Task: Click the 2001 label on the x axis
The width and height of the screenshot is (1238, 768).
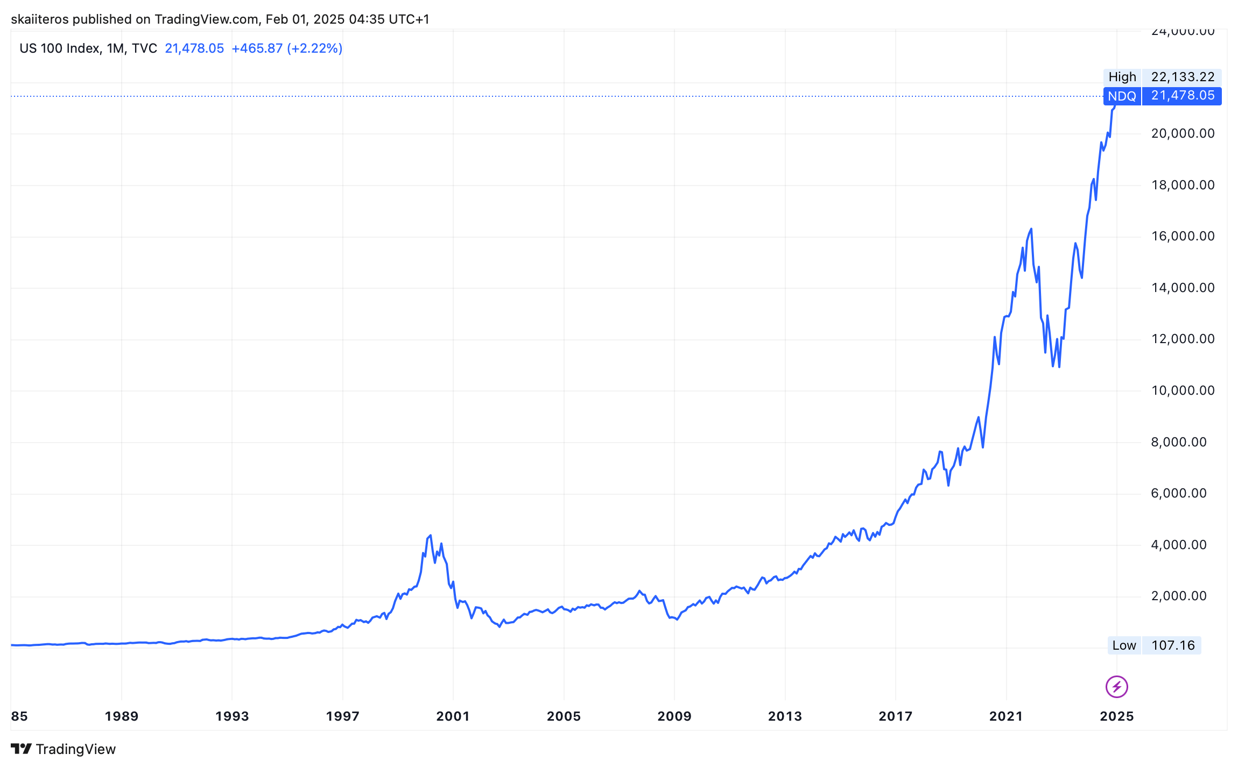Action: point(453,716)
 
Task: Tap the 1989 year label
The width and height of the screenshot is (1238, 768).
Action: point(122,716)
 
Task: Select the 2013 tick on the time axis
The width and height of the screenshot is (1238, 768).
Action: point(785,716)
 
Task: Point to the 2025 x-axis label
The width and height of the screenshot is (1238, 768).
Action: point(1116,716)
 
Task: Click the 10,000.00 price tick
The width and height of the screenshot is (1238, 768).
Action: point(1183,390)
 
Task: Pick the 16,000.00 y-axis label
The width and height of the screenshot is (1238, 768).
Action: point(1183,236)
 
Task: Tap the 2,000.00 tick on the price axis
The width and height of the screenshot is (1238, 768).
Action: point(1179,596)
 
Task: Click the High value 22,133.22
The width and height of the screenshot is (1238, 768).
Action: point(1183,77)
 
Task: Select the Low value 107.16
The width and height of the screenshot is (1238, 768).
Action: point(1173,645)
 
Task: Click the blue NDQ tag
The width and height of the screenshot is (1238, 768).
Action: point(1122,96)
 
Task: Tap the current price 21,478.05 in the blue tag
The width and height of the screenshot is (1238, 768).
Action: point(1183,96)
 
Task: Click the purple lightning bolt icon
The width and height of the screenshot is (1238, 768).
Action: point(1116,687)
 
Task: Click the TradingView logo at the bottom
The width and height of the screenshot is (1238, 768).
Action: point(64,749)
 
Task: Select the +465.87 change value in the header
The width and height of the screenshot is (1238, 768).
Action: point(257,48)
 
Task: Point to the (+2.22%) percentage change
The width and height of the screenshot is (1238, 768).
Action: point(315,48)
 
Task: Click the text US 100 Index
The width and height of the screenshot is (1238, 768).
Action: point(59,48)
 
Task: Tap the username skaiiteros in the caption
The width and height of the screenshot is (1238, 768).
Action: point(40,19)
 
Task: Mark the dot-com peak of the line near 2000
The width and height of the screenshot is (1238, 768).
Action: point(430,536)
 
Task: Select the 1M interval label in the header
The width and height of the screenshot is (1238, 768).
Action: point(115,48)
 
